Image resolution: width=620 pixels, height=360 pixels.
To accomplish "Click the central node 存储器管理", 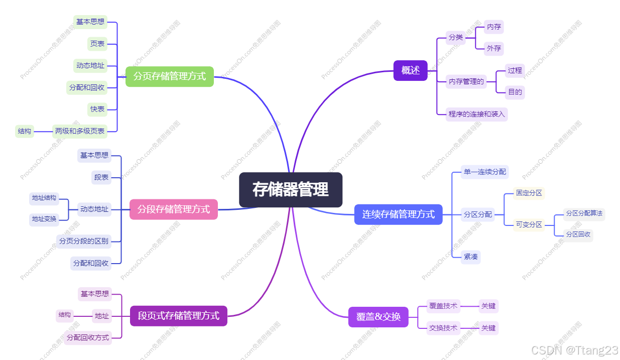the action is (291, 190).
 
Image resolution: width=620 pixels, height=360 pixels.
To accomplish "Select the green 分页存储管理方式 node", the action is (170, 76).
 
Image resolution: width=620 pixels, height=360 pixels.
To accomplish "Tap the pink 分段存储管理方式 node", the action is (174, 209).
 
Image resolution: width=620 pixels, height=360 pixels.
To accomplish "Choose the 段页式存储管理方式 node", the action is (179, 316).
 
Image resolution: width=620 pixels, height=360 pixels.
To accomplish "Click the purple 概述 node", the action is (410, 70).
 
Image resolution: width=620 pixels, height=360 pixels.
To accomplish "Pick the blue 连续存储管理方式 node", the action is (398, 214).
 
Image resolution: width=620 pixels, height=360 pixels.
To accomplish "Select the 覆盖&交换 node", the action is (379, 317).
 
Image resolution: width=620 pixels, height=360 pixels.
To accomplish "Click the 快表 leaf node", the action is (97, 109).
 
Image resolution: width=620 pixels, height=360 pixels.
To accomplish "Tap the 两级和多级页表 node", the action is (80, 131).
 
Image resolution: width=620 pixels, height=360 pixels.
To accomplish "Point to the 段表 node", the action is (101, 177).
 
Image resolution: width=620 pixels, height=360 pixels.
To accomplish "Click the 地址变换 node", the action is (44, 219).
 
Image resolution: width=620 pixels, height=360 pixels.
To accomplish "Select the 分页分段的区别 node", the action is (84, 241).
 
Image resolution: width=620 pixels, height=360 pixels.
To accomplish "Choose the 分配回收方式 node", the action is (88, 337).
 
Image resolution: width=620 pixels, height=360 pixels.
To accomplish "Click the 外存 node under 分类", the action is (494, 49).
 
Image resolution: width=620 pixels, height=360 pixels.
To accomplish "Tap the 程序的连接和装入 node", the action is (476, 114).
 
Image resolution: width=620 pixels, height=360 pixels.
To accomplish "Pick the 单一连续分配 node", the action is (485, 172).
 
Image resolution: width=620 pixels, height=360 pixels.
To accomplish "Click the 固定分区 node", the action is (529, 193).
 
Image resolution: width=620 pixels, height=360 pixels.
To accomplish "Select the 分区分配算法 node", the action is (584, 213).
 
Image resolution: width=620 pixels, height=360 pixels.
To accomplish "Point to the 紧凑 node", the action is (471, 257).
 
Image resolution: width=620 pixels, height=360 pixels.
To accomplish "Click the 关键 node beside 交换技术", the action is (488, 328).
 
